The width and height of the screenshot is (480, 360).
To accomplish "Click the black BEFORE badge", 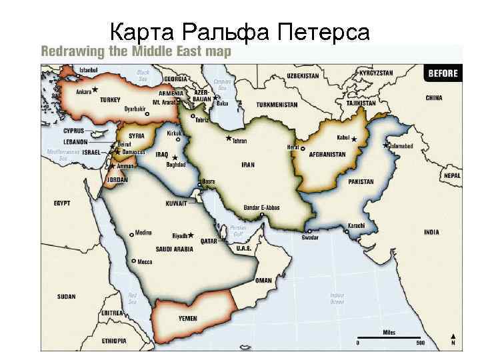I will pos(443,73).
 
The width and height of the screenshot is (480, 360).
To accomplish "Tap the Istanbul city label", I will pos(89,70).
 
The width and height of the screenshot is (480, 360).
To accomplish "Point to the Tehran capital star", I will pos(229,139).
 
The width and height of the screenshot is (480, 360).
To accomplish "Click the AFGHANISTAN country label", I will pos(327,154).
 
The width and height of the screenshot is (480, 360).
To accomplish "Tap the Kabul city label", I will pos(343,138).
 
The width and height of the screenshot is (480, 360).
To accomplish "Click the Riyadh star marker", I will pos(191,235).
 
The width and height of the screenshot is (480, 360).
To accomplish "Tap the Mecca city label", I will pos(145,262).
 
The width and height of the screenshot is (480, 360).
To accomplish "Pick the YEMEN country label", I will pos(187,319).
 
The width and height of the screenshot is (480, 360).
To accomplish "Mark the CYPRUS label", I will pos(74,131).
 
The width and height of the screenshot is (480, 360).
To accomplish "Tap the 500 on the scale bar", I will pos(419,343).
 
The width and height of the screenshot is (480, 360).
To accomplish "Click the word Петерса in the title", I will pos(323,31).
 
